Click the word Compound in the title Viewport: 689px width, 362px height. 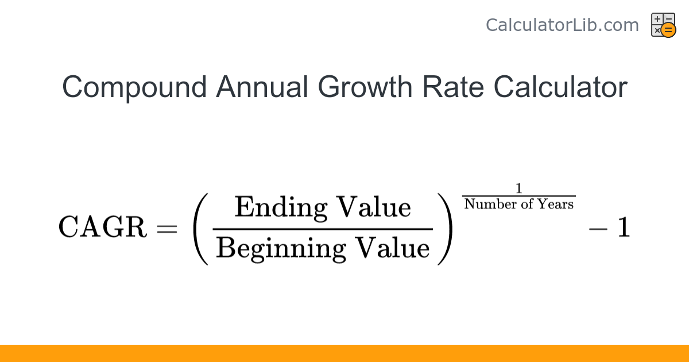tap(134, 88)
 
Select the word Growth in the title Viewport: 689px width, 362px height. tap(365, 88)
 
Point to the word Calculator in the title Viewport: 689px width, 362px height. tap(560, 88)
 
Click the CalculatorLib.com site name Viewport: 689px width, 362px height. tap(562, 25)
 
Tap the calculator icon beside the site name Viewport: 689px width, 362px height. tap(663, 25)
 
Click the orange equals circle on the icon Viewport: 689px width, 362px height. tap(668, 30)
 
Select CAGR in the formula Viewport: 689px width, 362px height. tap(102, 228)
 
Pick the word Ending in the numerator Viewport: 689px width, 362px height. tap(281, 208)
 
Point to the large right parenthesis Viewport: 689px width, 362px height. tap(445, 228)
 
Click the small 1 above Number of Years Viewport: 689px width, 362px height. tap(519, 188)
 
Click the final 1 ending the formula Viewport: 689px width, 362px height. tap(624, 228)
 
